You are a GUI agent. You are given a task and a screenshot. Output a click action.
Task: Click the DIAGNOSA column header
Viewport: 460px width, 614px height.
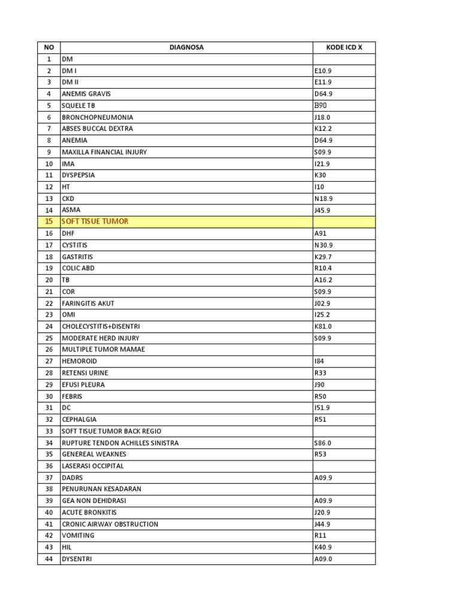coord(186,47)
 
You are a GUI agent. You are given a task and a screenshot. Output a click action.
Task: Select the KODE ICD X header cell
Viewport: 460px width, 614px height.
coord(344,47)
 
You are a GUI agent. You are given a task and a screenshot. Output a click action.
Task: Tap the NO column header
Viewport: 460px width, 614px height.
coord(49,47)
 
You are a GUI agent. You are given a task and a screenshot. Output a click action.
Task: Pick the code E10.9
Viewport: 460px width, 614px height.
coord(323,71)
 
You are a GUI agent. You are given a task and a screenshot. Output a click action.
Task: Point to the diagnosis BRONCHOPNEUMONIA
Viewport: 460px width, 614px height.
coord(98,118)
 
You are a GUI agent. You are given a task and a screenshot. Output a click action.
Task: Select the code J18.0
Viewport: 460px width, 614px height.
coord(322,118)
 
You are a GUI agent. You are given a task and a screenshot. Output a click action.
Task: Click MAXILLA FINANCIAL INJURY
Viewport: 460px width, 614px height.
coord(104,152)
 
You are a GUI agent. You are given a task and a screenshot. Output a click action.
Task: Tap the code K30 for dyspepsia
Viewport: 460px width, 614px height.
coord(320,176)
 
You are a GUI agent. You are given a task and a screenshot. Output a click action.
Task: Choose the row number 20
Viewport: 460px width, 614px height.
coord(49,280)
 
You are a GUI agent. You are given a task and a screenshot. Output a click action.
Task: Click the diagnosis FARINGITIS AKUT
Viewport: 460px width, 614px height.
coord(88,303)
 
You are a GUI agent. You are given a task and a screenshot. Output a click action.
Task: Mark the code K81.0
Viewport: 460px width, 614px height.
coord(323,327)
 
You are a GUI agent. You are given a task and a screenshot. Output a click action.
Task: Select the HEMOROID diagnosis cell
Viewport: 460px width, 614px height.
coord(79,362)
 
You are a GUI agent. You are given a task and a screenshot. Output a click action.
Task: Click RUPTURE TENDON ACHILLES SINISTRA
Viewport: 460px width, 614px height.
coord(120,443)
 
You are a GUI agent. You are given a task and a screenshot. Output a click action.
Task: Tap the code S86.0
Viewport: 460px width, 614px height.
coord(322,443)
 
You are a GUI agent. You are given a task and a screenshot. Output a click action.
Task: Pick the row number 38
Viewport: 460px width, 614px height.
coord(49,489)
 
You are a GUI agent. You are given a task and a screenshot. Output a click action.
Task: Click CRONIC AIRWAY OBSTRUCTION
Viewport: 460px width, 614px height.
coord(110,524)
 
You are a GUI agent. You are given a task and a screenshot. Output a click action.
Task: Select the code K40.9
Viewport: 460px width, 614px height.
coord(323,547)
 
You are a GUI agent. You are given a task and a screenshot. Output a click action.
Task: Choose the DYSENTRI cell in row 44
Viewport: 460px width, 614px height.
coord(77,559)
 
